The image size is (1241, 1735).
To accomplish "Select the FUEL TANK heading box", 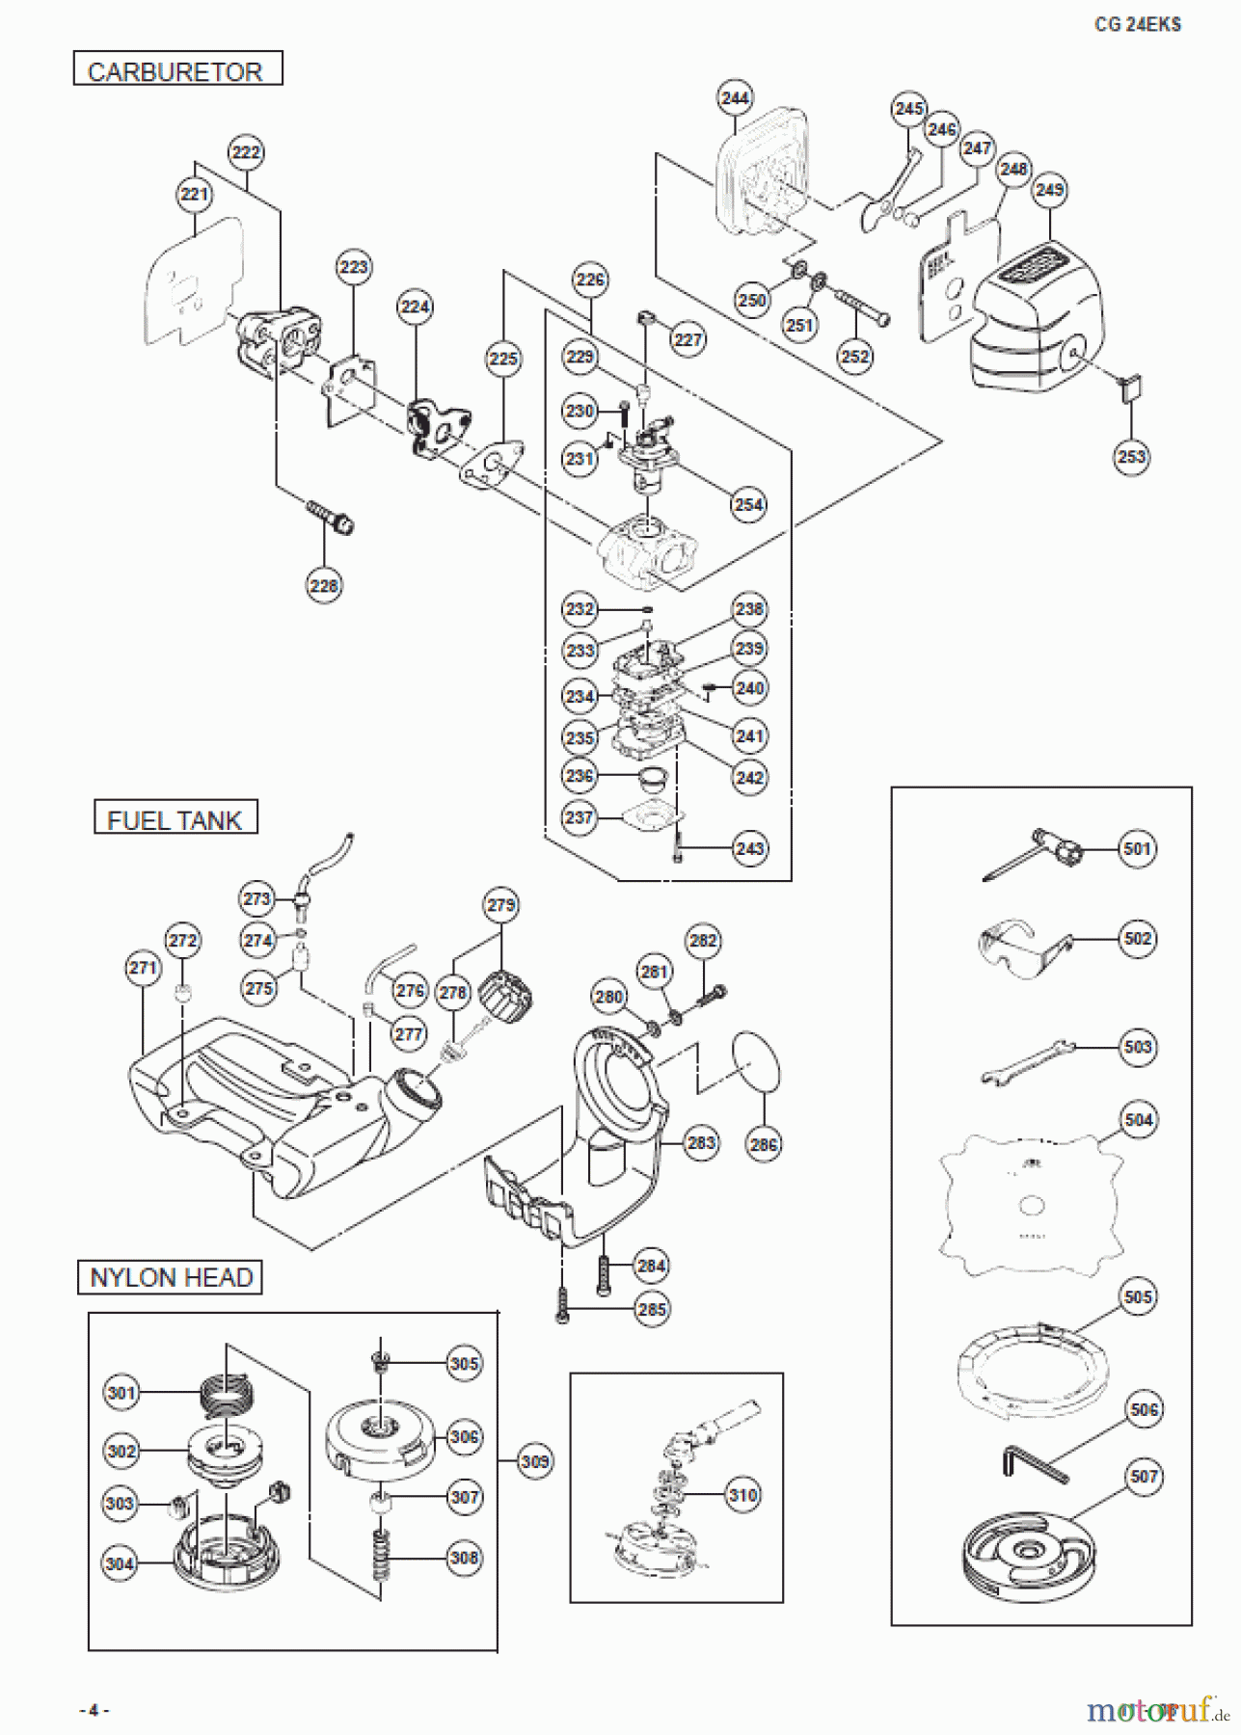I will (x=175, y=818).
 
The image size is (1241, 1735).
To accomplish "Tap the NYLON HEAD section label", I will (x=171, y=1277).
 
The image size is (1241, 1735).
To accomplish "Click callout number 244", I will (x=735, y=97).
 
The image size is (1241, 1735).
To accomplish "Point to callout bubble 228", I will (x=324, y=585).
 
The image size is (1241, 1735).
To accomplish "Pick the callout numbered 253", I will (x=1131, y=456).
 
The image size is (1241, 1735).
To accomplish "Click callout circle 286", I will (x=764, y=1144).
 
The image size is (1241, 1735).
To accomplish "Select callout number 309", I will (x=534, y=1461).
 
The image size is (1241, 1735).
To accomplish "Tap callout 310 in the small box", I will (x=742, y=1495).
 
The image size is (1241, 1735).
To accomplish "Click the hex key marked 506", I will (x=1035, y=1466).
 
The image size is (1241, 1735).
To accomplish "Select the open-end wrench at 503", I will (x=1028, y=1061).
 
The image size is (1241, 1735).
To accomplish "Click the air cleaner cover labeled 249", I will (x=1037, y=318).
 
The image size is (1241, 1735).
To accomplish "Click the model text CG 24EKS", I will (x=1138, y=24).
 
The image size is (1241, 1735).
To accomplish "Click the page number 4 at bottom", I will (x=94, y=1710).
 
